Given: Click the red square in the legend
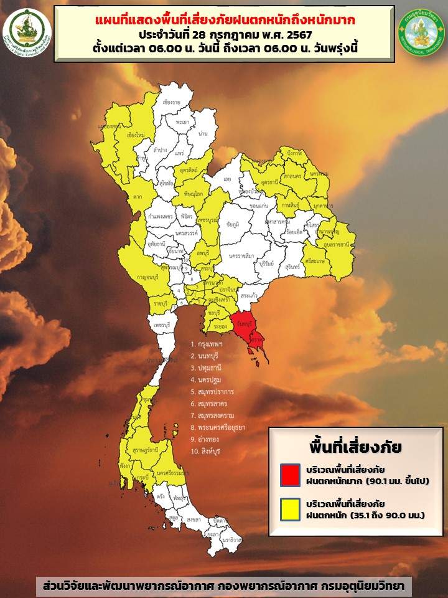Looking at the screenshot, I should (x=290, y=474).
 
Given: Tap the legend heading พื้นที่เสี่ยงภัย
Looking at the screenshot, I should (x=355, y=447).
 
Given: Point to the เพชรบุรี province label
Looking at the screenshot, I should (x=162, y=325).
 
